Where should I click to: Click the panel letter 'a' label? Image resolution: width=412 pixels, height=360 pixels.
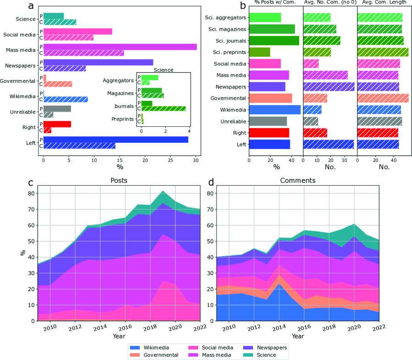pos(31,6)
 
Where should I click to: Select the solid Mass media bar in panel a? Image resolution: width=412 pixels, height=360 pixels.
pos(120,47)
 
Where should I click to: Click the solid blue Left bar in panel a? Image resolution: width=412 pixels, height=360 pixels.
pos(115,140)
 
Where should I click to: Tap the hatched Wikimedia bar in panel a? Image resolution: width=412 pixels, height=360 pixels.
pos(65,99)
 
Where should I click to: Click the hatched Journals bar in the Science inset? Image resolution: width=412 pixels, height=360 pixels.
pos(163,108)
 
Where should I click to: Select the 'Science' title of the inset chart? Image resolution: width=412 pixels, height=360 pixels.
pos(163,70)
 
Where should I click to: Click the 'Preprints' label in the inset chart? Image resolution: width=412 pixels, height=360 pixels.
pos(125,119)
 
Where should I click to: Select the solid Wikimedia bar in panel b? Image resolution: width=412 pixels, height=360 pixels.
pos(275,110)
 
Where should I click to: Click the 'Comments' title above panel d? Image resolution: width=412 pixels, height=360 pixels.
pos(295,180)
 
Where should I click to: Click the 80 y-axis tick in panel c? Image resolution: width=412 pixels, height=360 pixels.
pos(31,193)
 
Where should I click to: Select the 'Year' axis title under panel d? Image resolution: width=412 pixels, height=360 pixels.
pos(298,336)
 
